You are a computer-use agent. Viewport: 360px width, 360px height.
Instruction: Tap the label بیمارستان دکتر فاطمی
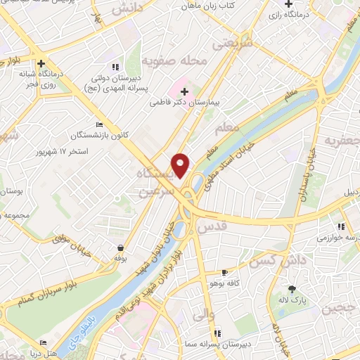(185, 103)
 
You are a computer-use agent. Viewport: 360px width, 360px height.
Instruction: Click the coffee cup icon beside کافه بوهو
(225, 272)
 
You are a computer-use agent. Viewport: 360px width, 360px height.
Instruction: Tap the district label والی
(202, 316)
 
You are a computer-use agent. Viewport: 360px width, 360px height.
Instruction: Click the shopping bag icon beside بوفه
(122, 247)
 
